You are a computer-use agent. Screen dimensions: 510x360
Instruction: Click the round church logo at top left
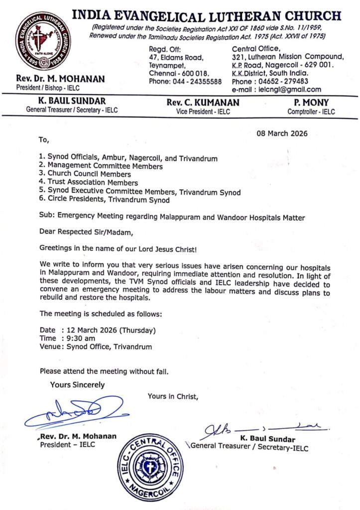[42, 41]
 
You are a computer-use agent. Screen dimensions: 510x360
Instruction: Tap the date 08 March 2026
[282, 133]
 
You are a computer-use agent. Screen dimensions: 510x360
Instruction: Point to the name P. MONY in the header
[311, 103]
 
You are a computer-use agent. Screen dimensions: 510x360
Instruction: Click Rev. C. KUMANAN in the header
[203, 103]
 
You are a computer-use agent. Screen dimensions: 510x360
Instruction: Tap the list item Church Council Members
[89, 174]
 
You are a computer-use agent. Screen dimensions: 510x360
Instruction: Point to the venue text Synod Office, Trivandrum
[110, 347]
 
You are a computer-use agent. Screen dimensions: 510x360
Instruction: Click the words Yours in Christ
[173, 396]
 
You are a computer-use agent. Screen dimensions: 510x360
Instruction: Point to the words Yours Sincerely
[77, 384]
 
